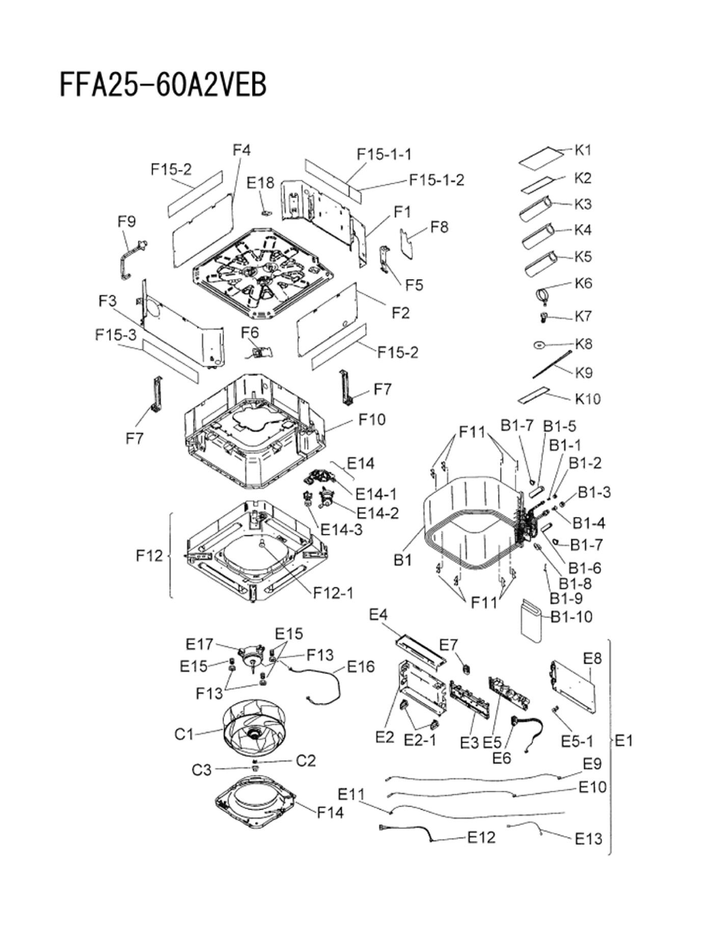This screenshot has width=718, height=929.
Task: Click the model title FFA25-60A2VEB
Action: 163,85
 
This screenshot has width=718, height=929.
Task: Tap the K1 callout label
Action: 583,150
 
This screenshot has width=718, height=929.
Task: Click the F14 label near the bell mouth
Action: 330,812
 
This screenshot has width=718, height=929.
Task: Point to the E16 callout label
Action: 361,666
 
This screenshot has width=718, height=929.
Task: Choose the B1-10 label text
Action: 572,616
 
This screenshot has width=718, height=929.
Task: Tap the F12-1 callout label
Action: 333,592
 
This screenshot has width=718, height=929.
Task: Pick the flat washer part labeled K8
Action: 539,345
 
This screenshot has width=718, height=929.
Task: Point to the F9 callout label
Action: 127,221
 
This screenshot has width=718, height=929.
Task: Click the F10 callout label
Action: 372,419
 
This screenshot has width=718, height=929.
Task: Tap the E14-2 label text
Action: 377,513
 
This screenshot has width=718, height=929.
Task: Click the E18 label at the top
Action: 260,182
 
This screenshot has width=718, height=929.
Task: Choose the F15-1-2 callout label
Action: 437,180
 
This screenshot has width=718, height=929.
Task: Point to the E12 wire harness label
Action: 481,837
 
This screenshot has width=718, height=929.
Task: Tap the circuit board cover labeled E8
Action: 573,685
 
